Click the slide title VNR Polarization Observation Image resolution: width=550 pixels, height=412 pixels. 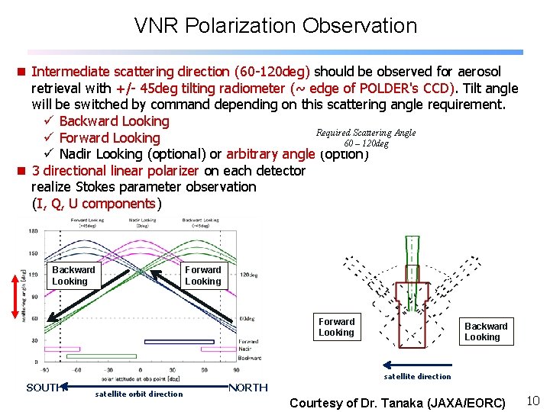coord(275,25)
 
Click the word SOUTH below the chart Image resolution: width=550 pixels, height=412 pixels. coord(43,388)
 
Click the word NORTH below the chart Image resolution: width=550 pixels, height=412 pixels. coord(247,388)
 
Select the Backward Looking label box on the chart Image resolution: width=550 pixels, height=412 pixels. coord(73,275)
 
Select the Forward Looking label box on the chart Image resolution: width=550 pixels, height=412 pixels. coord(202,275)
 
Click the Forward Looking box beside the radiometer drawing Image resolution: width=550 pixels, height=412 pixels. coord(336,327)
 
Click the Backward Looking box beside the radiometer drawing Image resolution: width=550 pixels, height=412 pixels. coord(485,331)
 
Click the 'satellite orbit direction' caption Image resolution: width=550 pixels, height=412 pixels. coord(138,394)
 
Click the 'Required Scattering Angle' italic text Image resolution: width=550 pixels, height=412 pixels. coord(366,133)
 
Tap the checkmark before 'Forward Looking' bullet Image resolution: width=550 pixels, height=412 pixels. coord(48,138)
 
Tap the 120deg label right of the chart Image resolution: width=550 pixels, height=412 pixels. coord(249,275)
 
